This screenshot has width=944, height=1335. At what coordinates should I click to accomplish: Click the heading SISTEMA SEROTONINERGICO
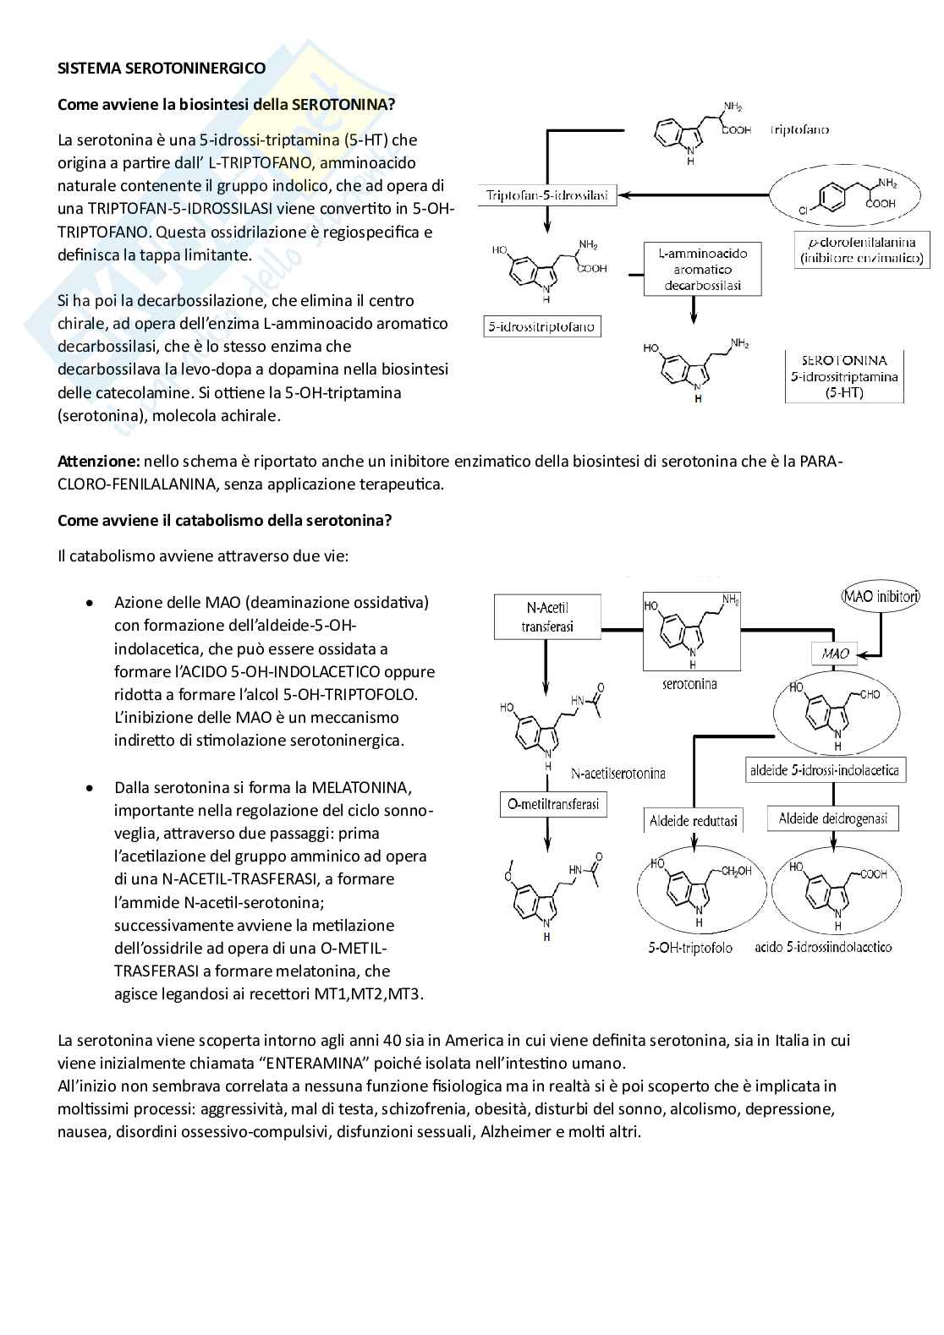(161, 68)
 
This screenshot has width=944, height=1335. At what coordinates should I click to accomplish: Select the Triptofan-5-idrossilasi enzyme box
(547, 196)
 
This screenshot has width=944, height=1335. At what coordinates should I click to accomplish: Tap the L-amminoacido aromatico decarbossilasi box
(702, 269)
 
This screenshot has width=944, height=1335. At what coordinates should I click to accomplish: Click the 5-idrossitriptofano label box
(541, 326)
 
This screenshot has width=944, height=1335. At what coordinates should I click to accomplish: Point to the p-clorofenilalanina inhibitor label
(862, 251)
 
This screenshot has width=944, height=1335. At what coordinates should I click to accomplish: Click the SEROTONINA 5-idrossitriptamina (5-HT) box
(844, 376)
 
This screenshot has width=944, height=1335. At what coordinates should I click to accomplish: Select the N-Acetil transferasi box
(547, 616)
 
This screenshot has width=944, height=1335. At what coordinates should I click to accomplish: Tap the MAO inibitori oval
(881, 596)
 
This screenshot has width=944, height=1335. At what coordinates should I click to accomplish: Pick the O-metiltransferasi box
(552, 804)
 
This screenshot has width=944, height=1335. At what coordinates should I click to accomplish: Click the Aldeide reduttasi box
(694, 820)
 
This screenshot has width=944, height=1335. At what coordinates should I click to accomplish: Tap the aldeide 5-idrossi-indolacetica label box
(825, 770)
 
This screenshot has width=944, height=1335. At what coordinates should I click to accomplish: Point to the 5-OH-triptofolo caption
(690, 948)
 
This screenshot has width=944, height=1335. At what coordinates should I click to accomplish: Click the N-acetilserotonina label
(617, 773)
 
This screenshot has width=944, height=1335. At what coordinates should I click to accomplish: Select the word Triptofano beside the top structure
(799, 129)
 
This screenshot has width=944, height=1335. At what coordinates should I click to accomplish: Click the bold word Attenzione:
(98, 462)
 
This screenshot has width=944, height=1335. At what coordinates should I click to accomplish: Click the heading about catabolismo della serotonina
(224, 521)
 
